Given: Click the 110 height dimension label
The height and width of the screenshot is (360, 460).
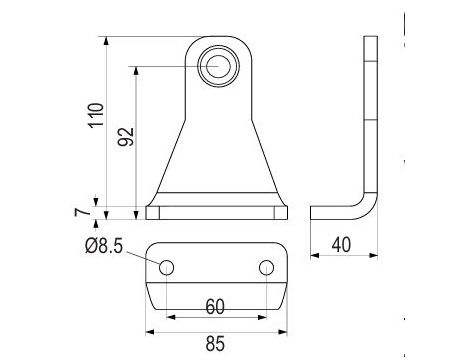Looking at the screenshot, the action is click(96, 115).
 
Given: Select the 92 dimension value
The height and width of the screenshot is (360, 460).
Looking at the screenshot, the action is click(126, 137).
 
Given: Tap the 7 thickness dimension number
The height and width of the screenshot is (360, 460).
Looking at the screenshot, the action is click(82, 212).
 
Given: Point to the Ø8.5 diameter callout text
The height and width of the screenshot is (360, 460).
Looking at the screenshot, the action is click(104, 246).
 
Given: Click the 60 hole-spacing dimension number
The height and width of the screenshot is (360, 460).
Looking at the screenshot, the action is click(215, 307).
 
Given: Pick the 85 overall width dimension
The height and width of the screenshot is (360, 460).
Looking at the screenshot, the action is click(215, 344).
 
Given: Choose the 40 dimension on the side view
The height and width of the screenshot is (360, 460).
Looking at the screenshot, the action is click(341, 245).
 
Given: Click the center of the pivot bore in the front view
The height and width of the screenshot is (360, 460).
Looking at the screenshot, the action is click(218, 66).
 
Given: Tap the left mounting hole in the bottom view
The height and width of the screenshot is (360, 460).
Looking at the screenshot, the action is click(166, 267).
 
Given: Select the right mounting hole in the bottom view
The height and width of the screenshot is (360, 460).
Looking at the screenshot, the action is click(266, 267).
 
